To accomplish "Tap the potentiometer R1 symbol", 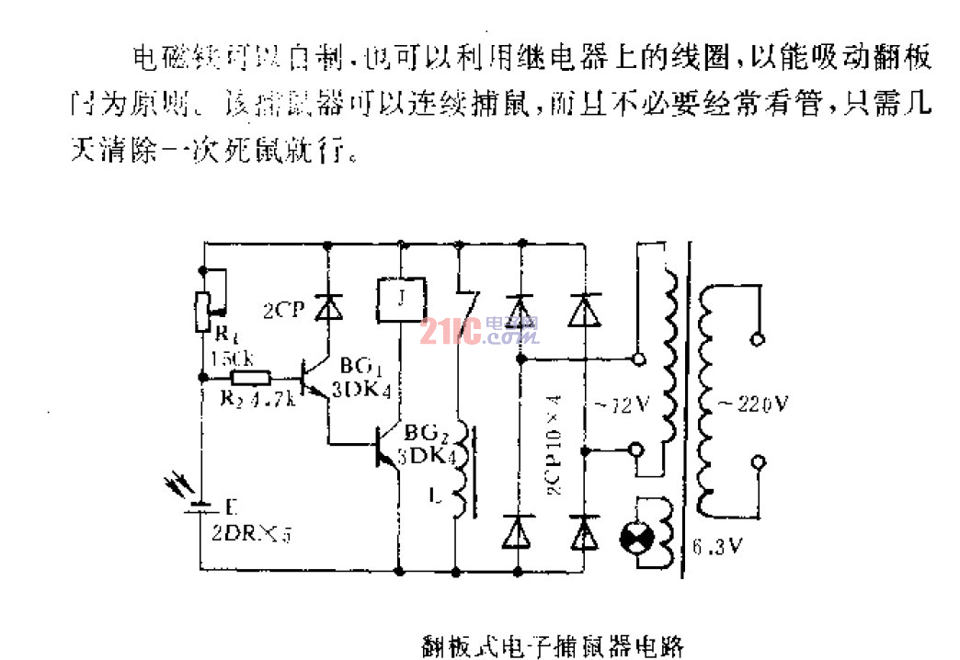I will pos(204,299).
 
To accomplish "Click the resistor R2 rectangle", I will pos(251,377).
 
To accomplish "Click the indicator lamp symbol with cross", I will pos(636,538).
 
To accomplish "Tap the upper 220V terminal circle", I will pos(759,339).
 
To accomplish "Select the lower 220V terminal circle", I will pos(759,462).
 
